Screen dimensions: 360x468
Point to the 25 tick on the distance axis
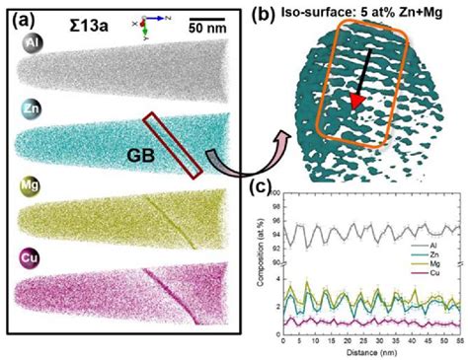pos(356,336)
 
